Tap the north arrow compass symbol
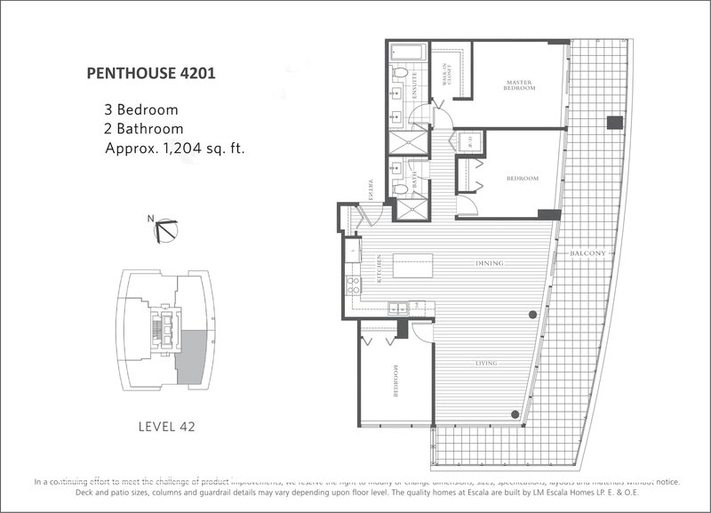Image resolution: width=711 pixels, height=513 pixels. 165,231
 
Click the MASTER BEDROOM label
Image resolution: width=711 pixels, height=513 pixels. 516,85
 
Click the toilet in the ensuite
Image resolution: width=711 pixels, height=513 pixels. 399,74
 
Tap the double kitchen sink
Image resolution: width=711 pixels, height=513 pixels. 397,308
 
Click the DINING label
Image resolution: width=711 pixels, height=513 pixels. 490,264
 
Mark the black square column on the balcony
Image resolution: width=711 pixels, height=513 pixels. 613,122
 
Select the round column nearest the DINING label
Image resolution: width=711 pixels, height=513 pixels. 531,313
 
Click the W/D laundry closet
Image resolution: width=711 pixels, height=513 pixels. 467,145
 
